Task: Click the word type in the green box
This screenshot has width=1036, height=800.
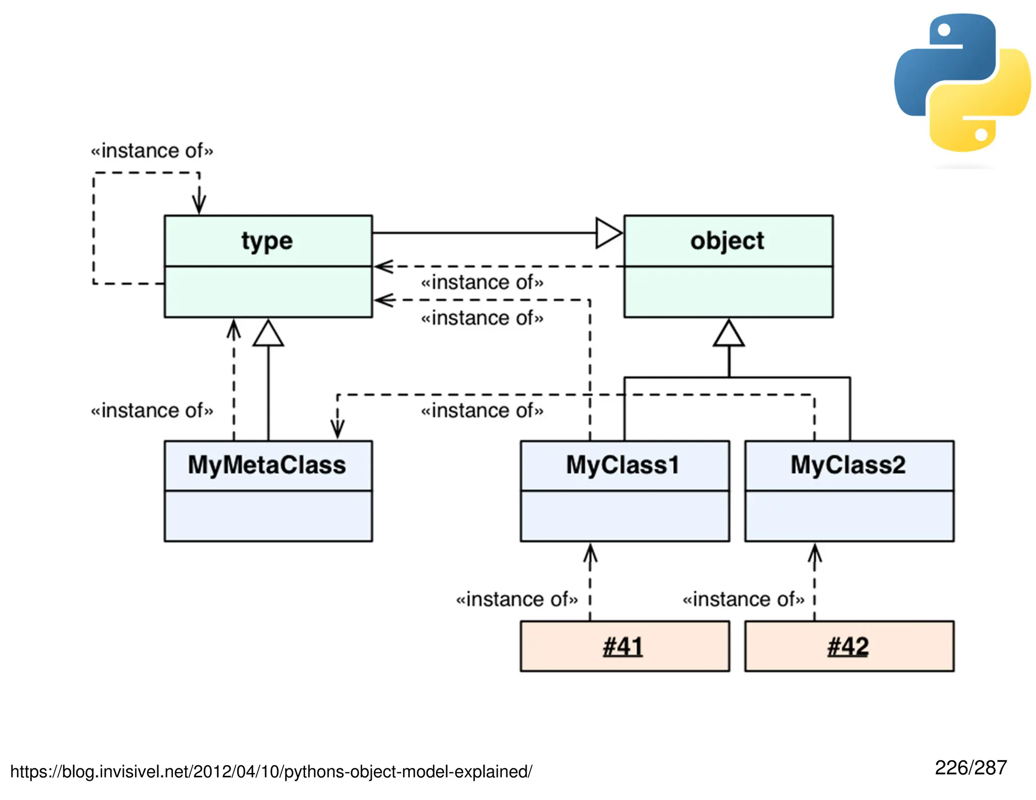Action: (267, 241)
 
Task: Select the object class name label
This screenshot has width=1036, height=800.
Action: (727, 241)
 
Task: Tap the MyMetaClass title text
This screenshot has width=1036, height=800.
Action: (267, 465)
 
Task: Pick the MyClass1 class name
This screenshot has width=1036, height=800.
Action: (623, 465)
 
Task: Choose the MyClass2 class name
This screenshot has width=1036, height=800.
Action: (848, 465)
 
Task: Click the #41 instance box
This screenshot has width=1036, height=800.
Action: (624, 646)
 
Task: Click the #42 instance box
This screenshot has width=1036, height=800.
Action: (849, 646)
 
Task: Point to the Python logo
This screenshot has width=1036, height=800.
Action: (962, 82)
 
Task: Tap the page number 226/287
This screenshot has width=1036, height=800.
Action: (970, 768)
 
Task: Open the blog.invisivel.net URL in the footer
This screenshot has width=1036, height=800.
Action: (271, 772)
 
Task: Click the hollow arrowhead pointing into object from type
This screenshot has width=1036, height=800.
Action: (609, 233)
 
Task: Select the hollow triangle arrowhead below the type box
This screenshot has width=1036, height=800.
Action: (268, 334)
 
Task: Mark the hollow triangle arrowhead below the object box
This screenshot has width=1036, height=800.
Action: (728, 334)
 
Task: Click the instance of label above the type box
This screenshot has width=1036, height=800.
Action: (152, 151)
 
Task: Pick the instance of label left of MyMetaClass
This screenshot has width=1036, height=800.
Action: (152, 410)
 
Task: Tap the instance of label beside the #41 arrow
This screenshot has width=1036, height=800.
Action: (516, 599)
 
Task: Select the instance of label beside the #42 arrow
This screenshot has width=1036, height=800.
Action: (743, 599)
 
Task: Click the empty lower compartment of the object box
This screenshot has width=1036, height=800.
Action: (728, 292)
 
